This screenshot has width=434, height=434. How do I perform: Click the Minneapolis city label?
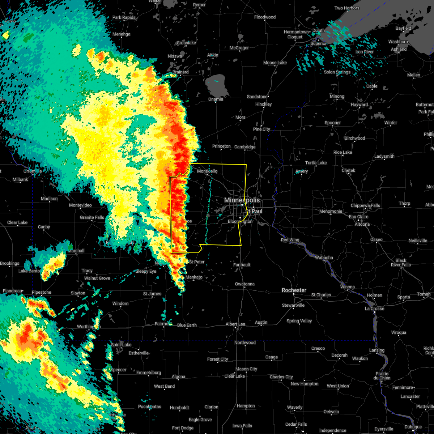pos(242,200)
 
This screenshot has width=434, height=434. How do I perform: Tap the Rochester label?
pos(294,290)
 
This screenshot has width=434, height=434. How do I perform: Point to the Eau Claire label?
pos(358,217)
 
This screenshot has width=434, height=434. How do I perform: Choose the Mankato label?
pos(194,277)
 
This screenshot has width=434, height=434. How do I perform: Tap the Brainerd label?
pos(180,72)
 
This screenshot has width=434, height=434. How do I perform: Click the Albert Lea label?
pos(235,324)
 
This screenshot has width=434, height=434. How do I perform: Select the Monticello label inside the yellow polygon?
pos(207,171)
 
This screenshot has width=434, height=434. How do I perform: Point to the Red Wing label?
pos(290,240)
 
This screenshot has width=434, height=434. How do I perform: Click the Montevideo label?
pos(80,205)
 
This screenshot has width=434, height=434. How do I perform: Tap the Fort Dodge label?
pos(183,428)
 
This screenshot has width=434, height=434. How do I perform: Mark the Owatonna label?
pos(245,284)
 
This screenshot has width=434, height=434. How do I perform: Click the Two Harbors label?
pos(347,8)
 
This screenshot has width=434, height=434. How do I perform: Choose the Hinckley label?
pos(263,104)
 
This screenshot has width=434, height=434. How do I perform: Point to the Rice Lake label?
pos(342,152)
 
